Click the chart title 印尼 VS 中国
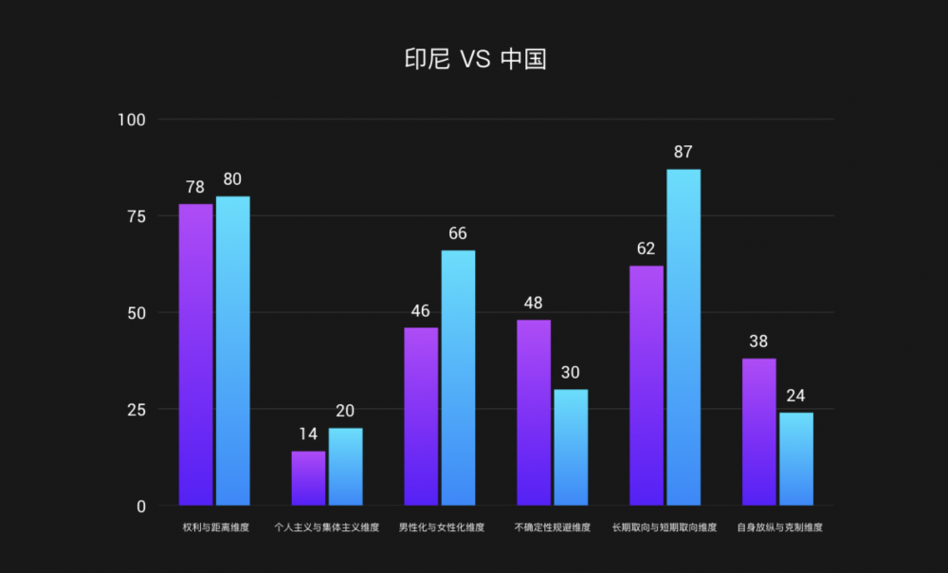475,59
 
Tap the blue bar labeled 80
233,350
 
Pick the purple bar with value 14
308,478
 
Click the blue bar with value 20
345,467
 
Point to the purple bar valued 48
534,413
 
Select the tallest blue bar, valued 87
684,337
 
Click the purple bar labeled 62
647,385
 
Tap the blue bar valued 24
796,458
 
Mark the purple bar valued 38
758,432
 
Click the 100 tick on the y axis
132,120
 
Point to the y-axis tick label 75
137,216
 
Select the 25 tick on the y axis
137,410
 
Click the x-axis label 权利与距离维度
216,527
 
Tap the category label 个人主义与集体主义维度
326,527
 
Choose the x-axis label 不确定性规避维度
553,527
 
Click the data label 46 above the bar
421,311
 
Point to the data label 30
571,373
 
